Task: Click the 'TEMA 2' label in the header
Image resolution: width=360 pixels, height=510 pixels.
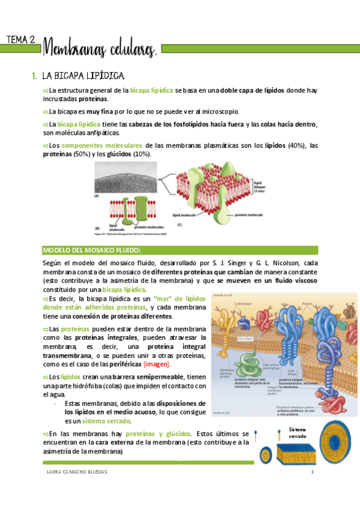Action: [20, 40]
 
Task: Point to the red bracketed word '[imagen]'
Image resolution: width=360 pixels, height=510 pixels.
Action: [160, 364]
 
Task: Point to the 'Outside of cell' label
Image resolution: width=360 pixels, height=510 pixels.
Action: [224, 296]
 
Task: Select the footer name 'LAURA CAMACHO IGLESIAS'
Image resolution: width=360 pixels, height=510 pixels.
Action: [77, 472]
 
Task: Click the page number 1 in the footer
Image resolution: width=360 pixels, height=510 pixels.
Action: [313, 472]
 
